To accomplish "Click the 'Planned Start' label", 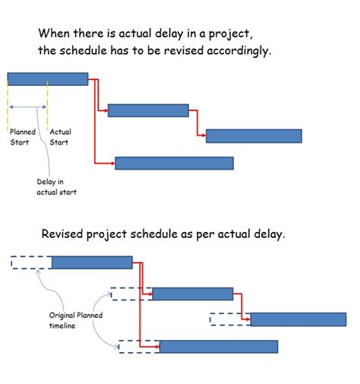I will (22, 137).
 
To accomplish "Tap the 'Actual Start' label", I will (60, 137).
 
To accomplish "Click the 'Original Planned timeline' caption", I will (75, 320).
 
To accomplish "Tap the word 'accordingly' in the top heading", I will (242, 51).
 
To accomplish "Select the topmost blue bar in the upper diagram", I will (47, 78).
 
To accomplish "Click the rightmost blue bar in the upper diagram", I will (254, 136).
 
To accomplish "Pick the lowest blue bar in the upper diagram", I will (174, 163).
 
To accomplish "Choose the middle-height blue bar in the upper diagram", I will (148, 110).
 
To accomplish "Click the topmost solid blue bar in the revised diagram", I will (92, 263).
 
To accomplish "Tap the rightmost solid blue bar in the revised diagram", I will (298, 319).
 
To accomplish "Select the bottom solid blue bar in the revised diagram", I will (219, 347).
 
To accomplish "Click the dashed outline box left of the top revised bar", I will (31, 263).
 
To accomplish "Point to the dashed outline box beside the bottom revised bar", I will (138, 347).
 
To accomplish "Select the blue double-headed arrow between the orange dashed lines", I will (28, 107).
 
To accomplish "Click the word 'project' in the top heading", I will (213, 34).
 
